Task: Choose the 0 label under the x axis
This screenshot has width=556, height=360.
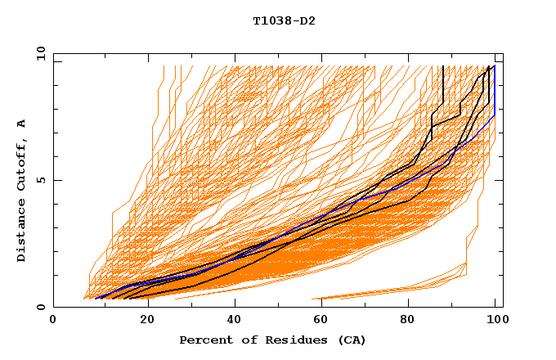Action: click(54, 321)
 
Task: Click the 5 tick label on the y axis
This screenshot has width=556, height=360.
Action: click(40, 180)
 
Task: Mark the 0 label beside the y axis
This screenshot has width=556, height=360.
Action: click(40, 307)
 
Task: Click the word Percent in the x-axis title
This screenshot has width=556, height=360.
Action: click(204, 340)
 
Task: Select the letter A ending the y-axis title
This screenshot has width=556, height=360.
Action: click(21, 124)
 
